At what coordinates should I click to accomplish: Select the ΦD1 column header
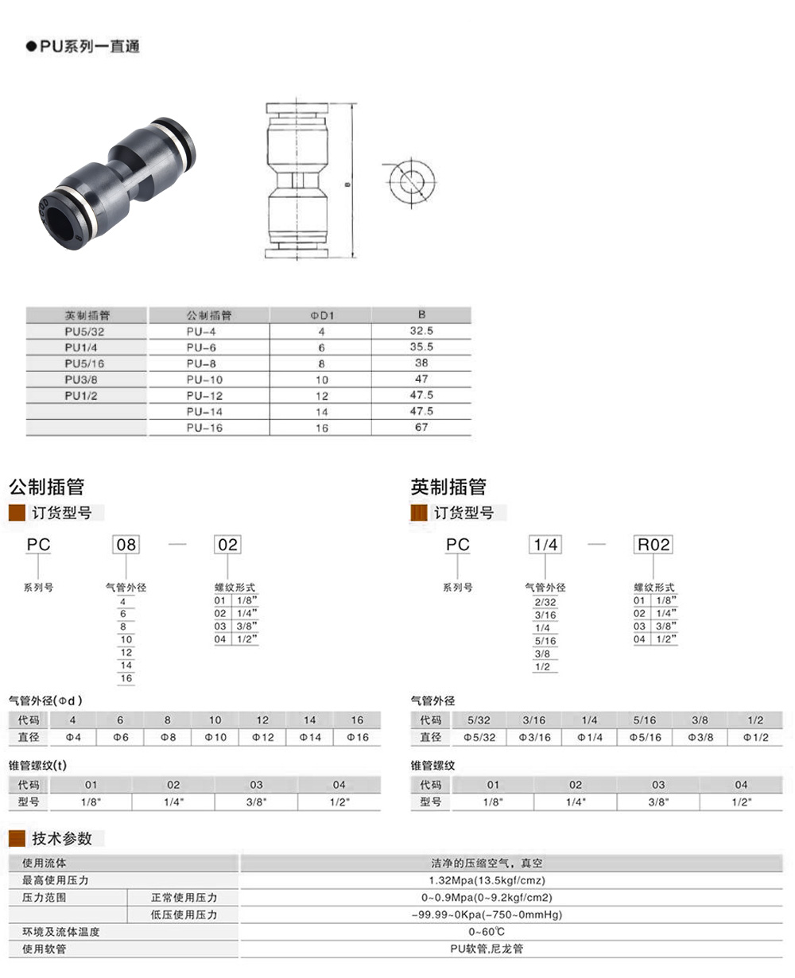[x=321, y=316]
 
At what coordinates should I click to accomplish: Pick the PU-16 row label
[x=204, y=428]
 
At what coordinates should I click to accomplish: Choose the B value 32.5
[x=421, y=331]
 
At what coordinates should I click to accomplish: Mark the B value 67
[x=421, y=427]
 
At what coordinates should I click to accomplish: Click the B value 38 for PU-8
[x=421, y=363]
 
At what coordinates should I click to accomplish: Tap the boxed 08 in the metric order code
[x=126, y=545]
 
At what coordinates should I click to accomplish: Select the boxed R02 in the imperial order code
[x=653, y=545]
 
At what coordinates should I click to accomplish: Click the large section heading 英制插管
[x=448, y=487]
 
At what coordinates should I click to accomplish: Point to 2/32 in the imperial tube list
[x=545, y=603]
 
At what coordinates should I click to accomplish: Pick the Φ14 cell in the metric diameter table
[x=310, y=738]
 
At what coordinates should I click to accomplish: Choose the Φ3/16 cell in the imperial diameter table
[x=534, y=738]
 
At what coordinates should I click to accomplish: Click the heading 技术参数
[x=62, y=839]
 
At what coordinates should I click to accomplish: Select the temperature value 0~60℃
[x=487, y=932]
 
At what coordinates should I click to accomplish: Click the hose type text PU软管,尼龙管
[x=487, y=949]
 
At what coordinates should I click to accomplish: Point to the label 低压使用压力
[x=184, y=915]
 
